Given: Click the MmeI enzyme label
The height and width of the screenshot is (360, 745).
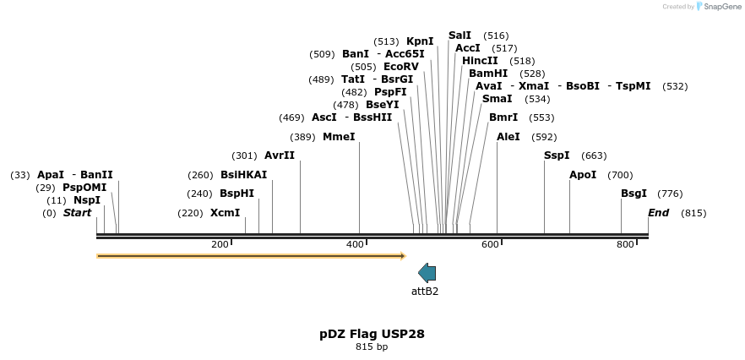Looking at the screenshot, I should pos(339,137).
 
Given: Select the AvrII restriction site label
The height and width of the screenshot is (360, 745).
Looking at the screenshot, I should pos(280,155).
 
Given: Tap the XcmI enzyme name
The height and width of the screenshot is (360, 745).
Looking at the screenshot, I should pos(225,213).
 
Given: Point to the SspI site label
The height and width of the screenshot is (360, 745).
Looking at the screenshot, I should pos(557,155).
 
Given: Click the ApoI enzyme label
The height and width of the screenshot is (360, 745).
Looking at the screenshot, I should pos(583,175).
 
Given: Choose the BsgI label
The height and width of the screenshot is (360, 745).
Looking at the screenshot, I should pos(634,194).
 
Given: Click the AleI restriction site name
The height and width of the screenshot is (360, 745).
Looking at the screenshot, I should pos(508,137).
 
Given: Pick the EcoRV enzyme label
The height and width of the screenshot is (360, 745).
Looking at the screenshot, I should pos(400,67).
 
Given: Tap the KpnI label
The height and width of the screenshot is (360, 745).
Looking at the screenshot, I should pos(420,41).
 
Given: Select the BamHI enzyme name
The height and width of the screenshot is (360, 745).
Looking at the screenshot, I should pos(488,74).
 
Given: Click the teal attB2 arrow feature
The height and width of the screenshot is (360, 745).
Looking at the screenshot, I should pos(427,272).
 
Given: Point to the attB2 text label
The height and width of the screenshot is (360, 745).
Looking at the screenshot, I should pos(425,292).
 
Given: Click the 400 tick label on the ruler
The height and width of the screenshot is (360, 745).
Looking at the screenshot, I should pos(355,245).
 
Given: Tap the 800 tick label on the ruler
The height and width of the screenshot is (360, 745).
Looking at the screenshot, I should pos(625,245).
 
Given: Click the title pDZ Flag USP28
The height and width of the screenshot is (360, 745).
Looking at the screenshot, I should pos(372,334).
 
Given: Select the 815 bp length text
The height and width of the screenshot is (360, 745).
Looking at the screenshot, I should pos(372,347).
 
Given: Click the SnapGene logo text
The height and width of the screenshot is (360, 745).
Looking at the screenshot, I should pos(723,7).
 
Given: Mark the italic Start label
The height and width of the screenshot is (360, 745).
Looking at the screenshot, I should pos(77,213).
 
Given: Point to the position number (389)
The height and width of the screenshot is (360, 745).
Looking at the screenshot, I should pos(302,137).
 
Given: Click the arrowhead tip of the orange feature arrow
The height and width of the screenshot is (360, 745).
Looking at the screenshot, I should pos(405,255).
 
